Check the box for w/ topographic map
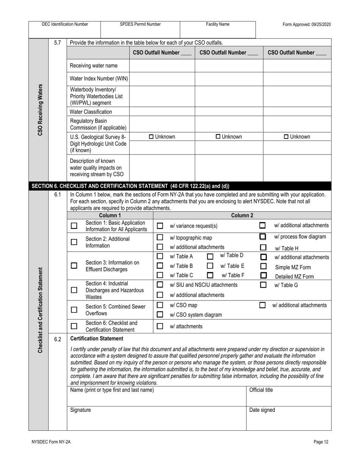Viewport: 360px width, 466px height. (160, 238)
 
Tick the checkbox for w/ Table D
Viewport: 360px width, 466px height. (210, 256)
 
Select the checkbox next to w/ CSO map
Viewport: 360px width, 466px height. (160, 305)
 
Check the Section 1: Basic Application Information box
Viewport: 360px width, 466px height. (74, 226)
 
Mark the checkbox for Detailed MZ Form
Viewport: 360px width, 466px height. (263, 275)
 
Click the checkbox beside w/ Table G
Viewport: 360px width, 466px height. (263, 285)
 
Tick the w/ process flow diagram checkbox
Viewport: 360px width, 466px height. (263, 237)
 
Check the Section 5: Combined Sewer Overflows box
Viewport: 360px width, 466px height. (74, 310)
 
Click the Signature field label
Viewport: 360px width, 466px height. (80, 410)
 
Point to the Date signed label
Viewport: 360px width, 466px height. (262, 410)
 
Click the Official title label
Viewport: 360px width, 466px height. (261, 390)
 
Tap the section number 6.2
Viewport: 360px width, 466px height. (57, 339)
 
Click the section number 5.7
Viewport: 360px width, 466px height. (57, 43)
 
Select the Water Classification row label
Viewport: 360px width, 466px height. (91, 112)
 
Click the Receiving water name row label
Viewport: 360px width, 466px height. (94, 66)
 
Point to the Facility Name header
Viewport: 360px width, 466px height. (218, 24)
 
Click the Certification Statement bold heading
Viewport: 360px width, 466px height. (97, 338)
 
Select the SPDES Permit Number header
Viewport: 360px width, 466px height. (140, 24)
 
